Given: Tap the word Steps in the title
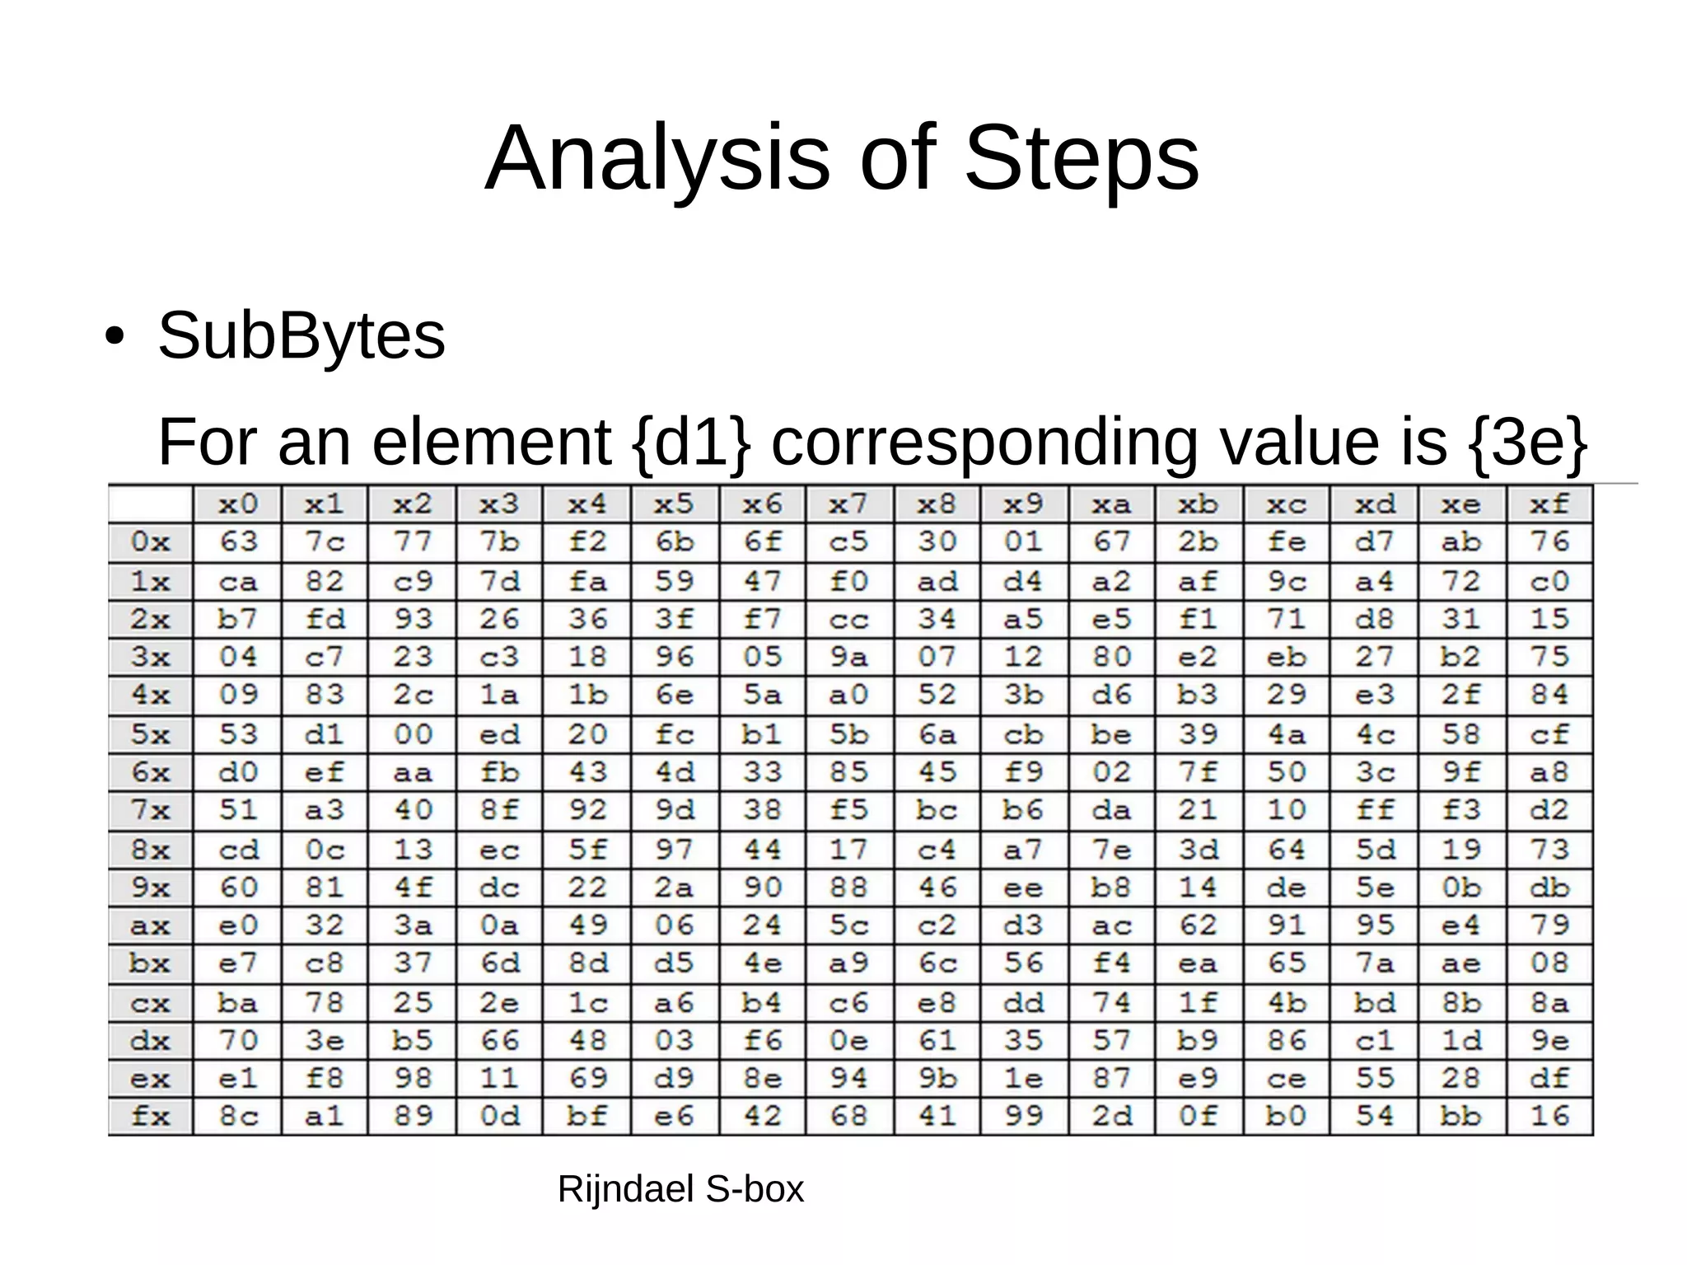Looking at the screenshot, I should pyautogui.click(x=1081, y=158).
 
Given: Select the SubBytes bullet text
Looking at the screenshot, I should pyautogui.click(x=301, y=335).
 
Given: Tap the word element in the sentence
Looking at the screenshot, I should pyautogui.click(x=491, y=443).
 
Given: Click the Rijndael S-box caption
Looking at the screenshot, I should pyautogui.click(x=680, y=1188).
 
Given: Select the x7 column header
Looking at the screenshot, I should pyautogui.click(x=848, y=504).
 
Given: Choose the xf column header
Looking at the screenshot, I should pyautogui.click(x=1549, y=504).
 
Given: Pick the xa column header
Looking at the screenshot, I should pyautogui.click(x=1111, y=504).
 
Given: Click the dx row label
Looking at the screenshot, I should pyautogui.click(x=150, y=1041).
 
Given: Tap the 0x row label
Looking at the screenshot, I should pyautogui.click(x=150, y=541).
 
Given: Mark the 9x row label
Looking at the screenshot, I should pyautogui.click(x=150, y=888).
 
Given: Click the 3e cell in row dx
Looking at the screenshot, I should pyautogui.click(x=325, y=1041).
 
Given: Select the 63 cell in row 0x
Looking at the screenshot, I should pyautogui.click(x=238, y=541).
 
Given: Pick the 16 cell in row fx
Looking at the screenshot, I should pyautogui.click(x=1549, y=1116).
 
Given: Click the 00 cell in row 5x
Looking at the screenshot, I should pyautogui.click(x=413, y=733).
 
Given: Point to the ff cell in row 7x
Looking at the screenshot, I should pyautogui.click(x=1375, y=810).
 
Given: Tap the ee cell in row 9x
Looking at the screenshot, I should pyautogui.click(x=1024, y=888).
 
